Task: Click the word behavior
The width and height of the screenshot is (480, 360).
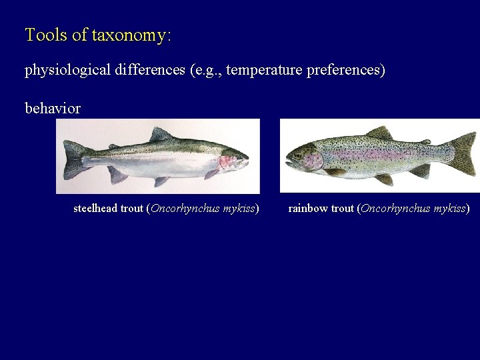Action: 53,108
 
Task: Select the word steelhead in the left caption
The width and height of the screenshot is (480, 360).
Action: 95,209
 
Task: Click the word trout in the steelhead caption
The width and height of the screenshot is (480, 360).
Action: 132,209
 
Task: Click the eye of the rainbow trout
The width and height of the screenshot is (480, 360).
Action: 298,155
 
